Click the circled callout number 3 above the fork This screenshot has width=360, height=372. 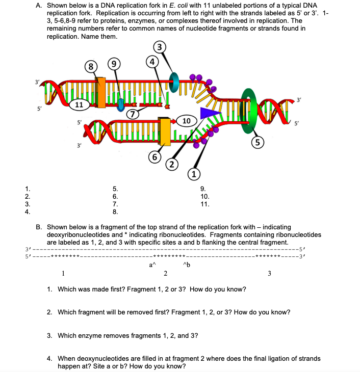[x=161, y=48]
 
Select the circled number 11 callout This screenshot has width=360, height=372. [x=77, y=104]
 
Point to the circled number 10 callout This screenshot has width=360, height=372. [x=186, y=121]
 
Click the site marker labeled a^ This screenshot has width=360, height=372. [x=150, y=264]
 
